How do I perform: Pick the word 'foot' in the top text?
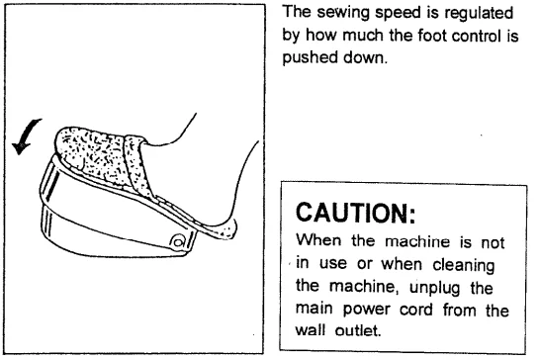425,38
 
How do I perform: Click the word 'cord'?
425,309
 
